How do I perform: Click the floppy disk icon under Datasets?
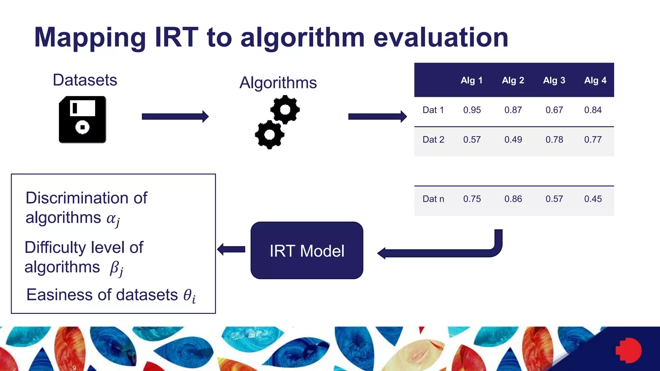[82, 119]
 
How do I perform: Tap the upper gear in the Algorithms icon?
[285, 109]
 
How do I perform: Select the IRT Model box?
[307, 250]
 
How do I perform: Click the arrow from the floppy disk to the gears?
[175, 117]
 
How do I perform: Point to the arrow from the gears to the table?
[377, 117]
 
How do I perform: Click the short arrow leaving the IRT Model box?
[231, 249]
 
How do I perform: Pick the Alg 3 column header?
[554, 80]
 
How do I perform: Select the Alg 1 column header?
[471, 80]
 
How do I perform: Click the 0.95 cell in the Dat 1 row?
[472, 110]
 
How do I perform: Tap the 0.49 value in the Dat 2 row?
[513, 140]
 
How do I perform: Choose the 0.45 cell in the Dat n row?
[593, 199]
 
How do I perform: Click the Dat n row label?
[433, 199]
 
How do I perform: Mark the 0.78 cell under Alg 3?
[554, 140]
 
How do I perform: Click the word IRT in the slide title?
[176, 37]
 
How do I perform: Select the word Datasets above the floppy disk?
[85, 80]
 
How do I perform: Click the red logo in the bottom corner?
[628, 350]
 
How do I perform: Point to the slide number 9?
[74, 368]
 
